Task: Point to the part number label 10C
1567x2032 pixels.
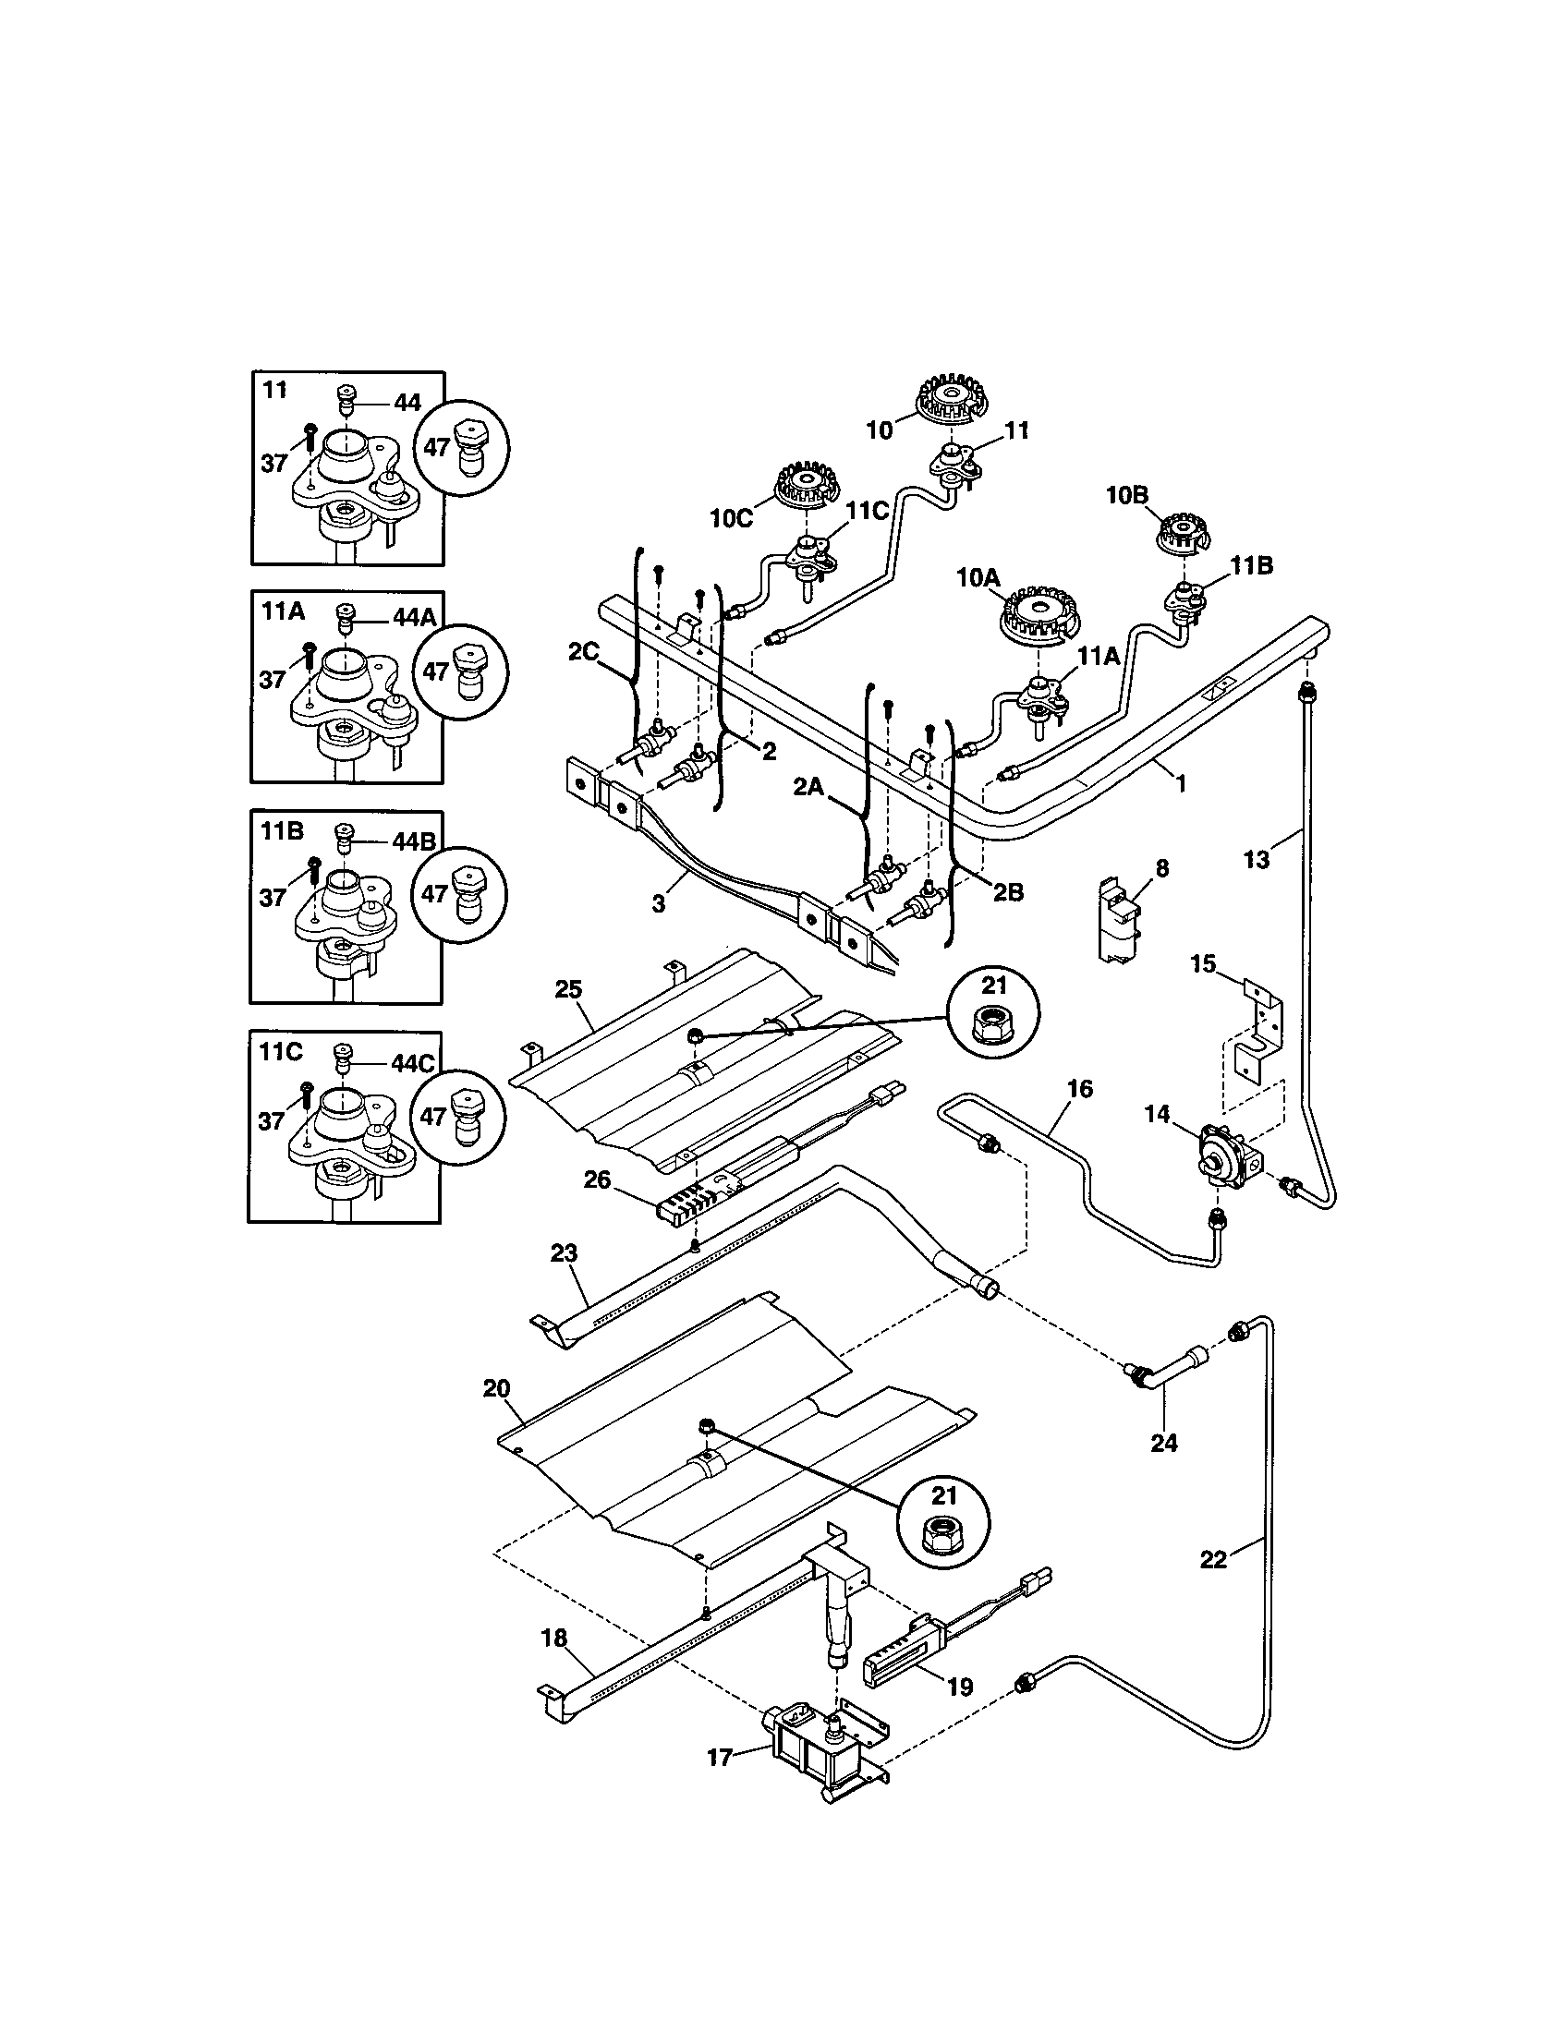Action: pos(731,518)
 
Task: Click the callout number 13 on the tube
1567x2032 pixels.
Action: pos(1256,860)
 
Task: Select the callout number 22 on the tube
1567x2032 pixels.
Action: pos(1212,1558)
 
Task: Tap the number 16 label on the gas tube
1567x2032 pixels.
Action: pos(1079,1088)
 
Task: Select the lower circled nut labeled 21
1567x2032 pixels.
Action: pos(943,1522)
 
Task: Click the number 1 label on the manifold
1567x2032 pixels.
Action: pos(1180,783)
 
